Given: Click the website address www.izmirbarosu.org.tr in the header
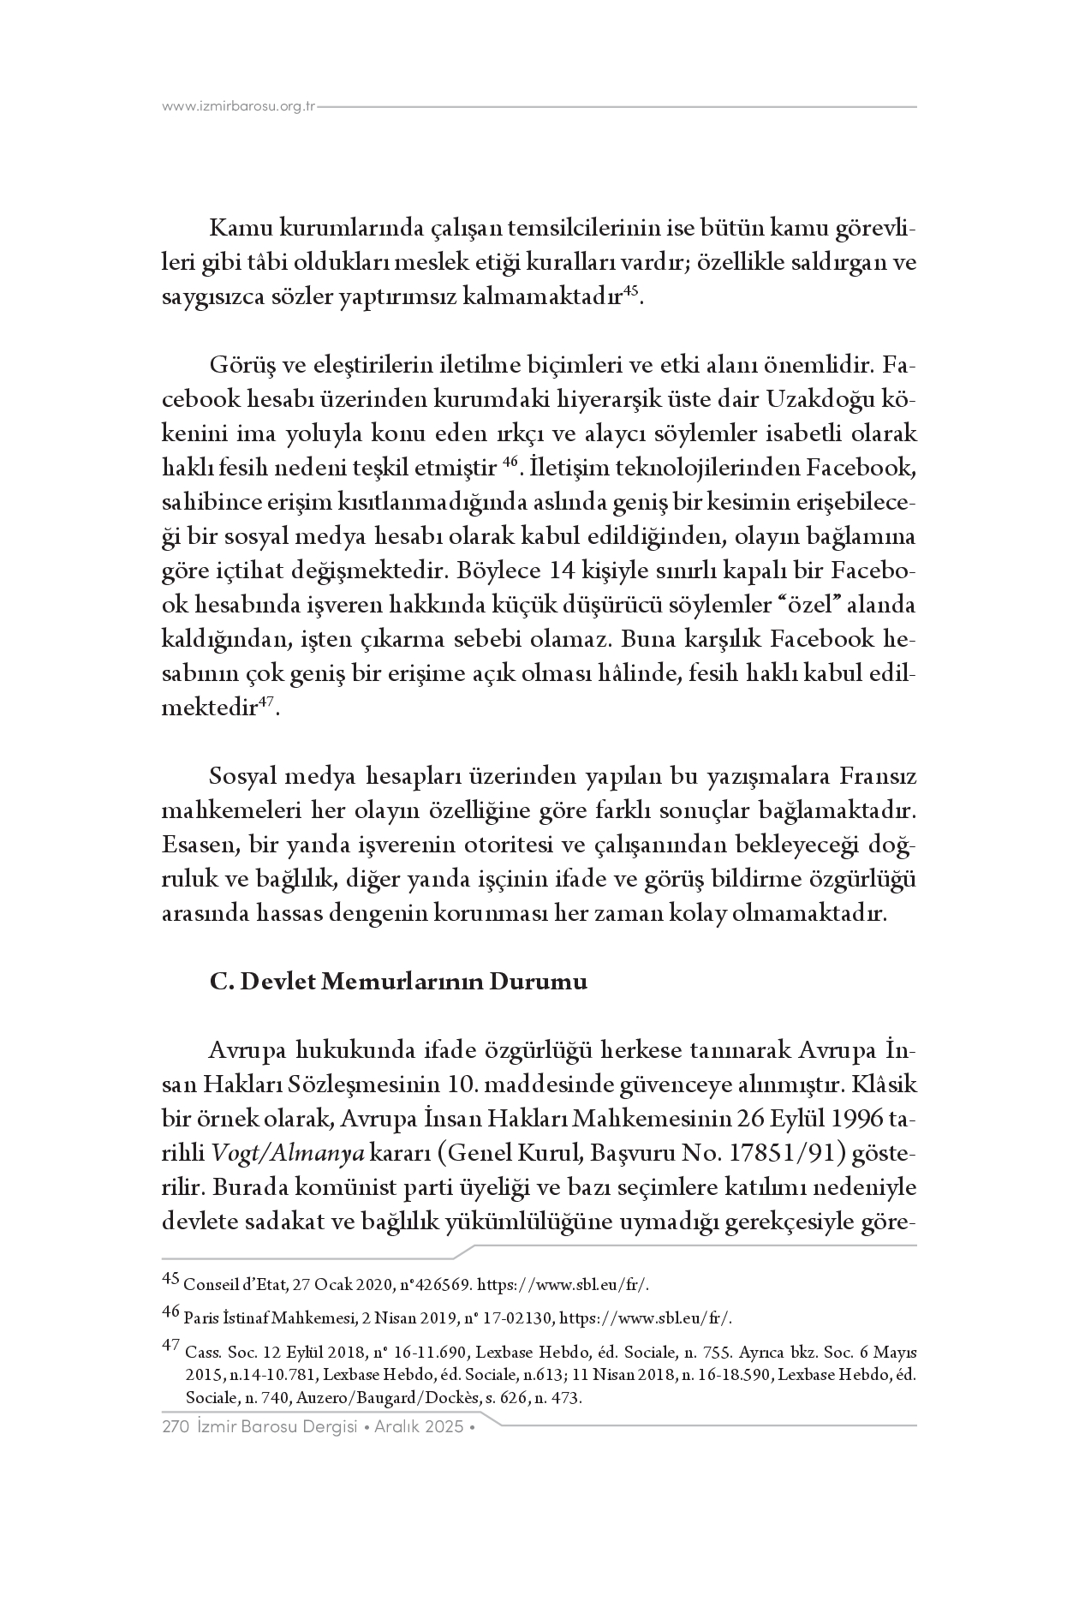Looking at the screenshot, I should (x=239, y=107).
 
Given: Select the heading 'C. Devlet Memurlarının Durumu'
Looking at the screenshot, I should (x=398, y=982).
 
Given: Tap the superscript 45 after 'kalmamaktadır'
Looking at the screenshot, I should (x=630, y=292).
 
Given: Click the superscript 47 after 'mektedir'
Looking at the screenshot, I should (x=268, y=702).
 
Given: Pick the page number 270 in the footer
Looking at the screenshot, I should (x=175, y=1427).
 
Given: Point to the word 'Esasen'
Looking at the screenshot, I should (x=200, y=845).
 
